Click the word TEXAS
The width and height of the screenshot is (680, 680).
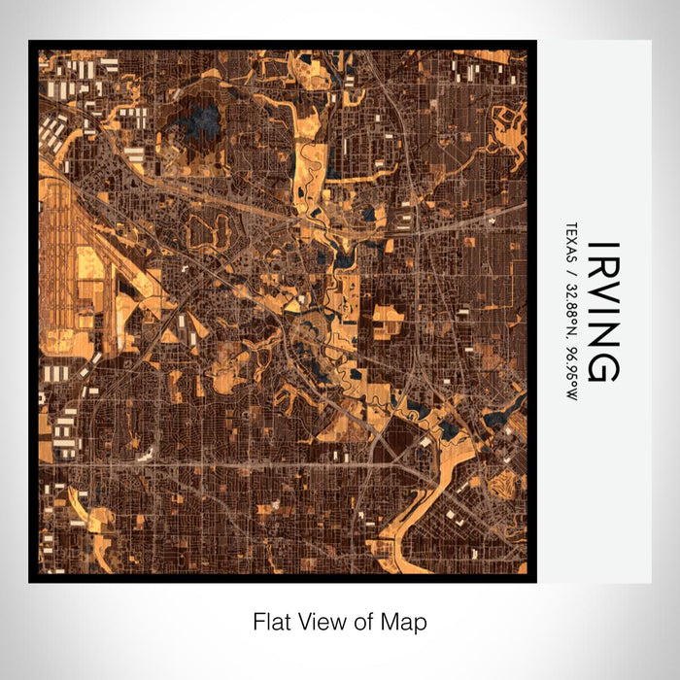[x=568, y=244]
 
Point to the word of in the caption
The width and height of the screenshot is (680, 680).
[x=362, y=621]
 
